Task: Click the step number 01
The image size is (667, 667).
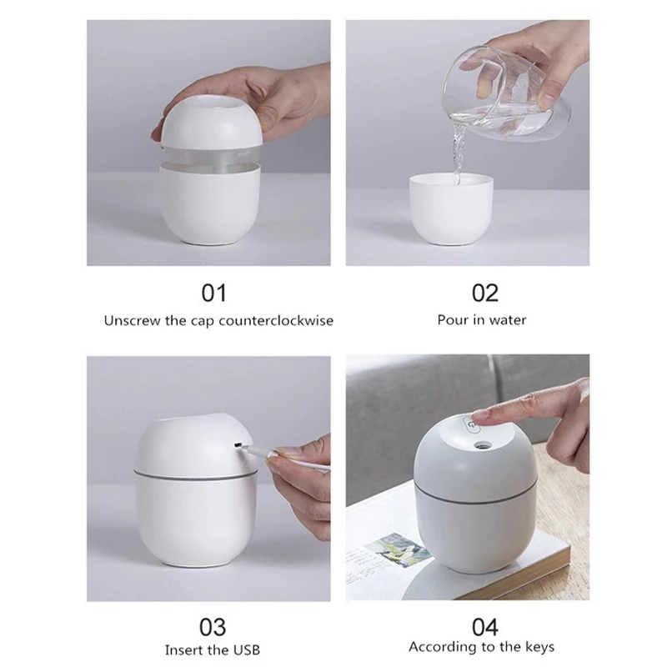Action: point(213,293)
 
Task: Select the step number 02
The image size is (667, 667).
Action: point(484,293)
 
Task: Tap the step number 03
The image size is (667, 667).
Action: point(213,625)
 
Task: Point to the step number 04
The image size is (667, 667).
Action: point(484,625)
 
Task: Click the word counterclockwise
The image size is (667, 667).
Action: point(275,320)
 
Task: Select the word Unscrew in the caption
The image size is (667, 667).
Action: point(132,320)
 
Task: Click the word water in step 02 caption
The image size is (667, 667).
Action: point(507,320)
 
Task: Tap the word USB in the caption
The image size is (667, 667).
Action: point(244,649)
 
